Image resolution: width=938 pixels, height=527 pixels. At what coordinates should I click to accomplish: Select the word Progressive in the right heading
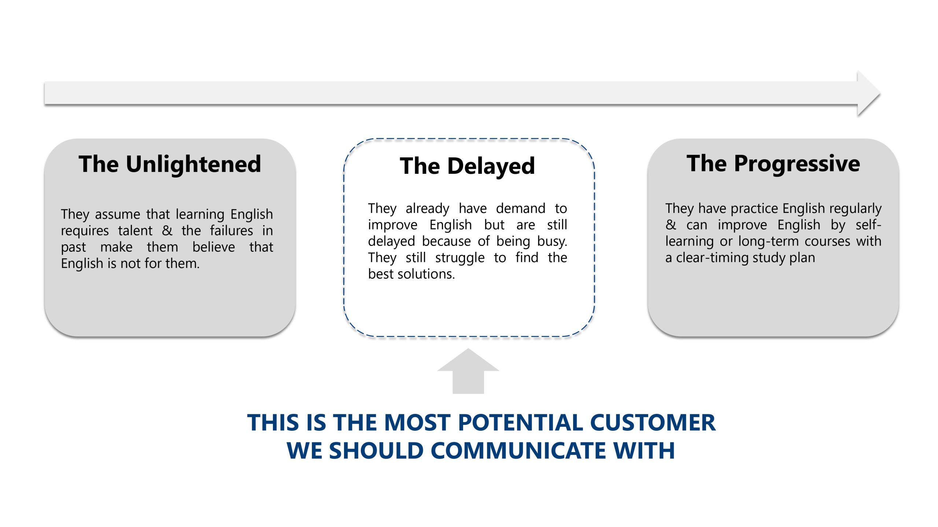797,164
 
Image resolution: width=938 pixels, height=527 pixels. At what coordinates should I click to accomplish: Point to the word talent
135,231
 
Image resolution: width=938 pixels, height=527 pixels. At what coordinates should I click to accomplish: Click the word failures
231,231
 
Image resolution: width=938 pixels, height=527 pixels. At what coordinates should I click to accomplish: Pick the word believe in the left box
214,247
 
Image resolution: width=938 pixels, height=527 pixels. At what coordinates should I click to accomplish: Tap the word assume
117,214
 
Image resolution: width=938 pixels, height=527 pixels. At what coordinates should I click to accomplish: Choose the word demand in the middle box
521,209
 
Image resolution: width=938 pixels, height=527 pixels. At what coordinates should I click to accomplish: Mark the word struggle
460,258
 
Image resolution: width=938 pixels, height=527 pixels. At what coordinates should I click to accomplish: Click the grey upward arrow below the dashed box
468,373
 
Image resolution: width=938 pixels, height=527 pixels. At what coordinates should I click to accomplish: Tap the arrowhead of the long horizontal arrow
869,93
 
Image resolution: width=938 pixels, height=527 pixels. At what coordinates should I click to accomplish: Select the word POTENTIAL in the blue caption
520,423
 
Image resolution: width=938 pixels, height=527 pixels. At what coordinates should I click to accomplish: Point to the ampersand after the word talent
167,231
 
